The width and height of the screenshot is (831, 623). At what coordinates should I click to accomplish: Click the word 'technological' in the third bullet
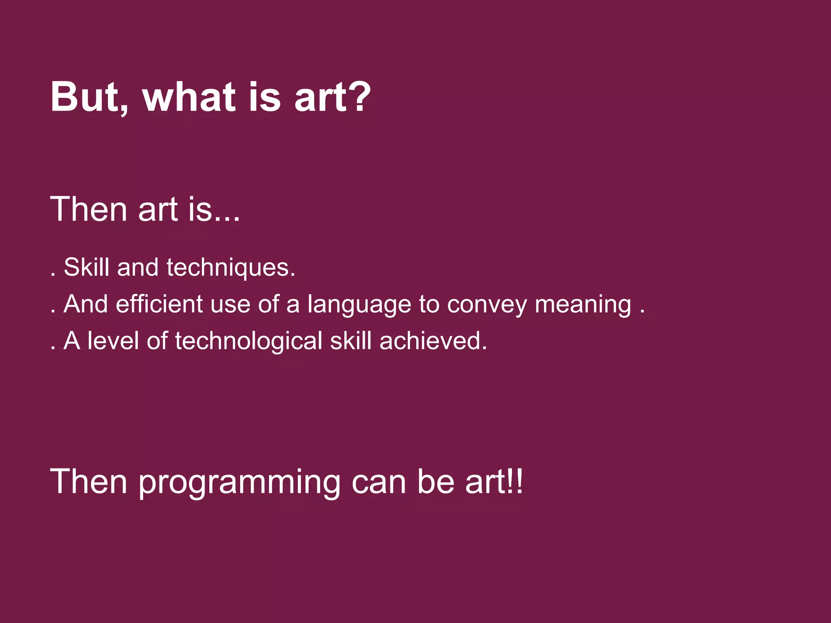[249, 341]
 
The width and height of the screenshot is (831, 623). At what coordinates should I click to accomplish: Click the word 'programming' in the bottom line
[239, 483]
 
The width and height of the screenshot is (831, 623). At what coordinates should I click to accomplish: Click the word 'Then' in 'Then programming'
[89, 481]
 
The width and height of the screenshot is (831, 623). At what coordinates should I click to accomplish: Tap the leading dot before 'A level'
[53, 348]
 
